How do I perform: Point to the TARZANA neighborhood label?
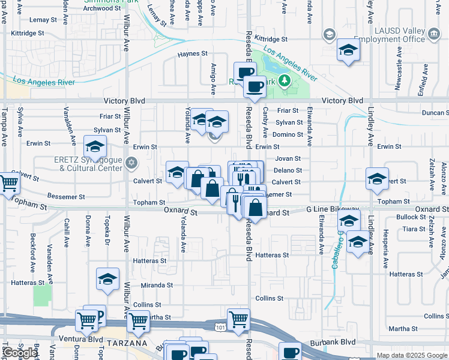tap(128, 343)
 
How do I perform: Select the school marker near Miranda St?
tap(108, 278)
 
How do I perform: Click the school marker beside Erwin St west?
tap(94, 146)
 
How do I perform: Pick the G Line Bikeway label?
tap(332, 208)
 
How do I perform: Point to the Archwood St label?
tap(98, 8)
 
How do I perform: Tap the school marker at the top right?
tap(348, 50)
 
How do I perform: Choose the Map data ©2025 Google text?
tap(412, 355)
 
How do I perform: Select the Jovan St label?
tap(288, 158)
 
